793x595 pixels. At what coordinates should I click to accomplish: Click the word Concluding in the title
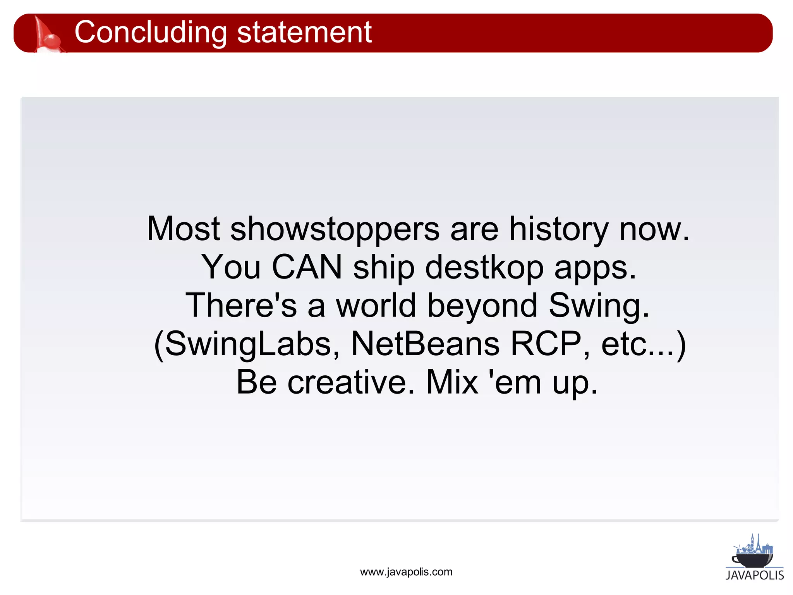pyautogui.click(x=151, y=33)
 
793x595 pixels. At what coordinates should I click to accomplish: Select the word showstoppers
pyautogui.click(x=335, y=230)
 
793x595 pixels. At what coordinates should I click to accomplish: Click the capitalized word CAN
pyautogui.click(x=307, y=267)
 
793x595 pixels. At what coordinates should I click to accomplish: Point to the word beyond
pyautogui.click(x=482, y=306)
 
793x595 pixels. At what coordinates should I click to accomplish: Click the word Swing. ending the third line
pyautogui.click(x=599, y=306)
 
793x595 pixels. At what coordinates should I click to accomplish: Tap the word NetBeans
pyautogui.click(x=425, y=344)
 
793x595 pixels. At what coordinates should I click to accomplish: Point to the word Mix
pyautogui.click(x=452, y=382)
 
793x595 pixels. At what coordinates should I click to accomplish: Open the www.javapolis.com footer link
pyautogui.click(x=406, y=572)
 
